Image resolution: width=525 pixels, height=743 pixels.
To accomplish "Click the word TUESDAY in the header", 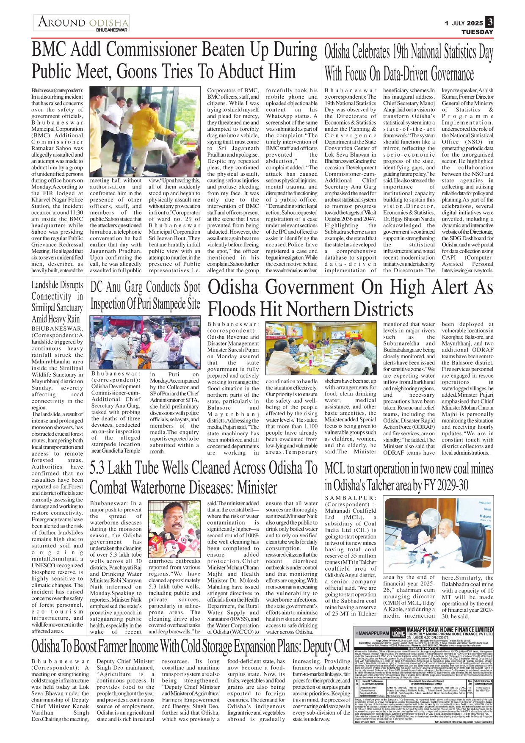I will (x=477, y=32).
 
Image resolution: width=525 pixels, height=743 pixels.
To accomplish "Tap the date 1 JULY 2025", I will (x=464, y=23).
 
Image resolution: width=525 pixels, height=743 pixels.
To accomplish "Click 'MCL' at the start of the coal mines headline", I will (x=334, y=469).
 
